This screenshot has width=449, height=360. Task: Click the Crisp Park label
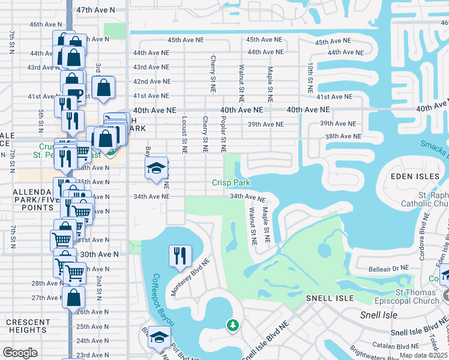[x=231, y=182]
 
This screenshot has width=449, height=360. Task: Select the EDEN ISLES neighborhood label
[x=411, y=176]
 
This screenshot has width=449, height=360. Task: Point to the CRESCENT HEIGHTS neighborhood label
[x=28, y=326]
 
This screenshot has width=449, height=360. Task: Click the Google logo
[x=20, y=352]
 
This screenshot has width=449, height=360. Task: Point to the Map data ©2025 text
[x=423, y=355]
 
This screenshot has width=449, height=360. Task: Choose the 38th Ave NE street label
[x=343, y=137]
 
